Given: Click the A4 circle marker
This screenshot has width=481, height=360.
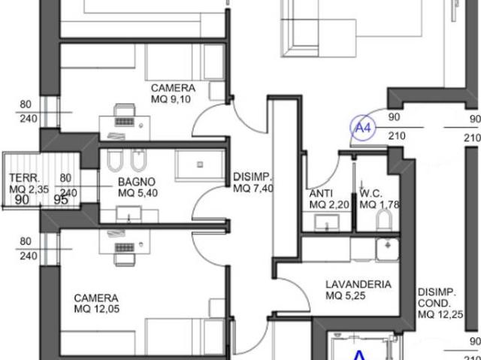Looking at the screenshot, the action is click(x=362, y=128).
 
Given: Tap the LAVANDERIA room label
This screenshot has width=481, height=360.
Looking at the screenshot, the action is click(x=358, y=284).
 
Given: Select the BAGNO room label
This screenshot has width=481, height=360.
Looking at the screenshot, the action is click(x=137, y=182).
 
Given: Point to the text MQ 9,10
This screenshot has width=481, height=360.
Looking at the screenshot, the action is click(x=171, y=99).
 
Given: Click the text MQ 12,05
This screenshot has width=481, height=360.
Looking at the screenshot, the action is click(x=97, y=309).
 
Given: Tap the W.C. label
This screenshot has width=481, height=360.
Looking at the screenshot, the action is click(x=371, y=193).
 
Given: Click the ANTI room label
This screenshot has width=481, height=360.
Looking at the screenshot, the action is click(x=321, y=193).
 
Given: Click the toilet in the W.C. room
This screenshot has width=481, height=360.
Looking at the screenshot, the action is click(x=384, y=221).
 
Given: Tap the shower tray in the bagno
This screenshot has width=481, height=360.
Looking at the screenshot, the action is click(x=200, y=165).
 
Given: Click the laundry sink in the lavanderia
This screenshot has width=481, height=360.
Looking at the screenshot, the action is click(x=388, y=250).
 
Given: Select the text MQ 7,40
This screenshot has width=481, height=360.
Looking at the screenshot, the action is click(x=253, y=189).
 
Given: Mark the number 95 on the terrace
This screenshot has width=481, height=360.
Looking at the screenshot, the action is click(x=61, y=200).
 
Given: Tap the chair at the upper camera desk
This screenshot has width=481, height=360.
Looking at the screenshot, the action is click(x=124, y=110).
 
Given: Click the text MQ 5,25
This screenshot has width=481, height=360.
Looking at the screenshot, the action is click(x=346, y=296).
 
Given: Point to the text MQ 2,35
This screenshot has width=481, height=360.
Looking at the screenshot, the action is click(x=29, y=189).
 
